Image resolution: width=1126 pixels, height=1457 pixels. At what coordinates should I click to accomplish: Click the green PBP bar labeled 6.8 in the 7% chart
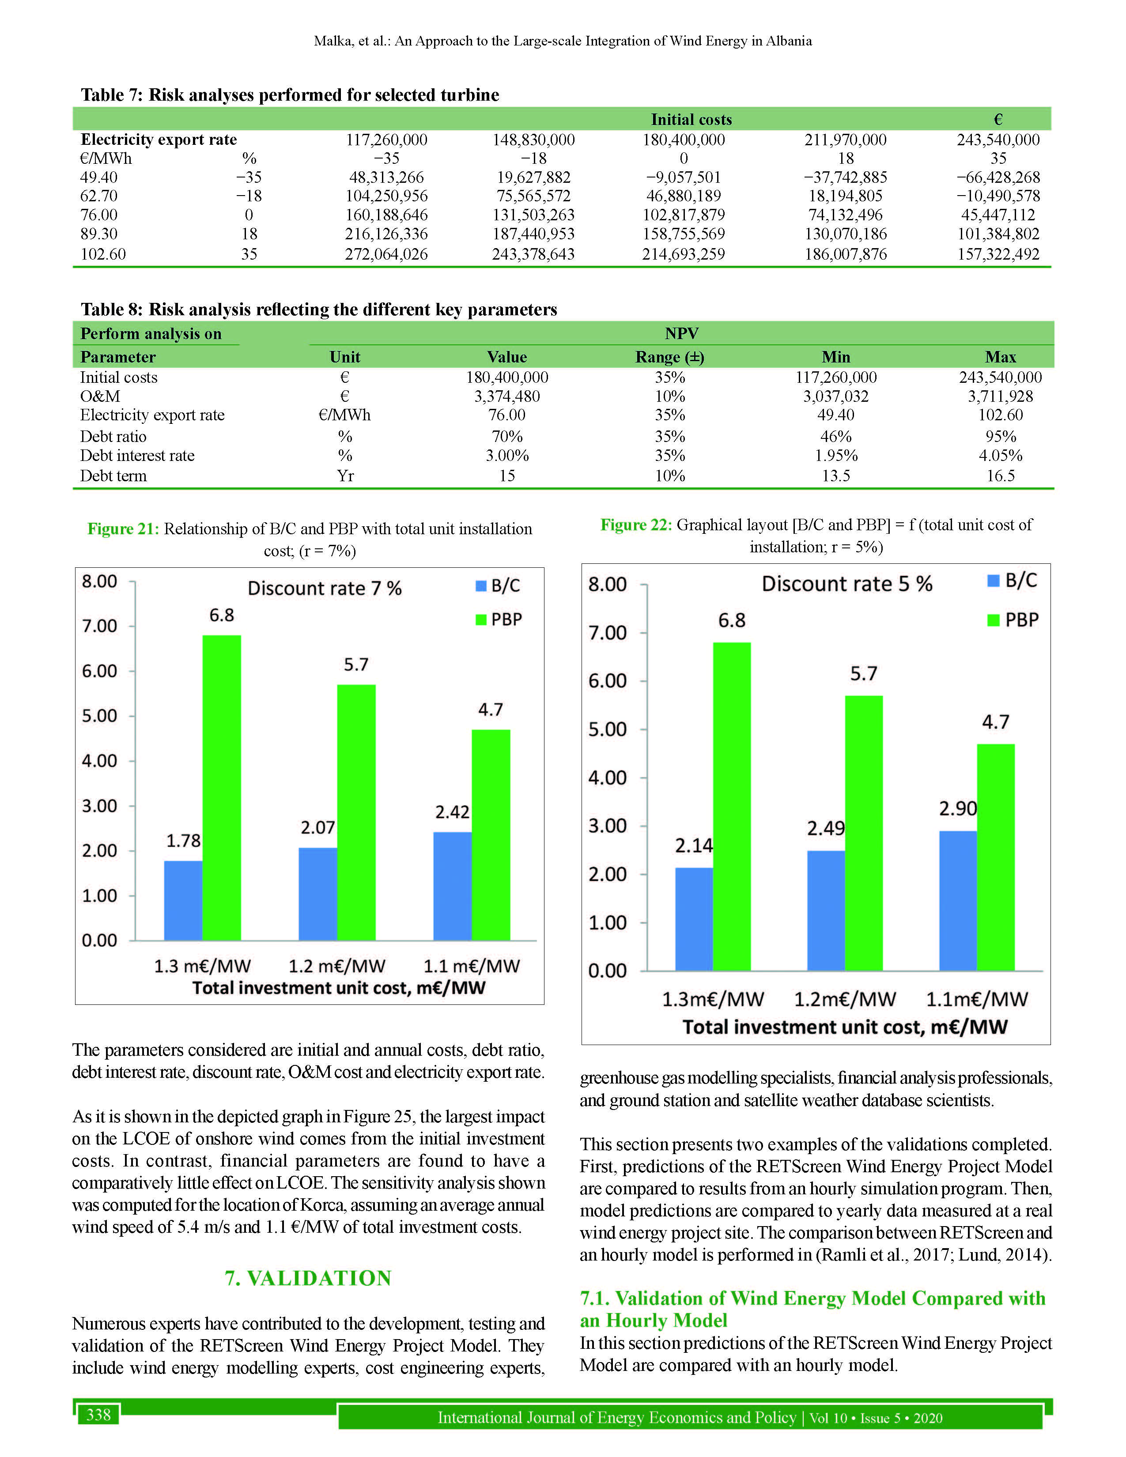pos(222,787)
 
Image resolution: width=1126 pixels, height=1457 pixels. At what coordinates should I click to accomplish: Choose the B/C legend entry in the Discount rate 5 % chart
pos(1012,581)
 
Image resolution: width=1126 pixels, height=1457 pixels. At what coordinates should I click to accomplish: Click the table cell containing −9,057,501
pos(683,177)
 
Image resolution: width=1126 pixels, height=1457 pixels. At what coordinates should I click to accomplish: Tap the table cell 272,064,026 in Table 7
pos(386,254)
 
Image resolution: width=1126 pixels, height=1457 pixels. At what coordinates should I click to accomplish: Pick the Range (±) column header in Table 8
pos(670,357)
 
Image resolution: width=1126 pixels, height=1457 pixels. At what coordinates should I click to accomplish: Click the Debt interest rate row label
pos(137,456)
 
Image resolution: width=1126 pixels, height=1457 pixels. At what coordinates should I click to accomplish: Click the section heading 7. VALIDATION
pos(308,1278)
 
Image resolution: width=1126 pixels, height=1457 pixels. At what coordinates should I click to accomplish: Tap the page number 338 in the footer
pos(99,1414)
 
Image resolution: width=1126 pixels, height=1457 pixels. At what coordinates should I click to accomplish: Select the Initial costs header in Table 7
pos(691,119)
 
